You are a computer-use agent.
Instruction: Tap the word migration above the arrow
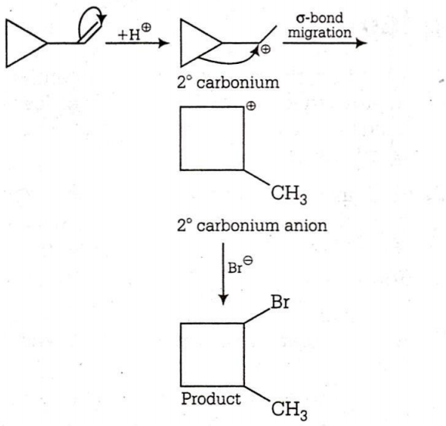(x=320, y=32)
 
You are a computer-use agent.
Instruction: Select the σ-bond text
(x=320, y=18)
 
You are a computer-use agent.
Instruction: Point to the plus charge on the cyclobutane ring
(x=251, y=106)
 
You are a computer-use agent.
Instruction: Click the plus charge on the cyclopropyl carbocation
(x=266, y=49)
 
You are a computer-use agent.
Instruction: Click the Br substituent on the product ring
(x=280, y=302)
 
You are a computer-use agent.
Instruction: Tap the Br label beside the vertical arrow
(x=235, y=267)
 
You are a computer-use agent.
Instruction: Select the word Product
(x=211, y=399)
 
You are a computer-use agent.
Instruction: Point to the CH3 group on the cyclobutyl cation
(x=289, y=195)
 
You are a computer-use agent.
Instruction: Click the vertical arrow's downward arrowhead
(x=223, y=300)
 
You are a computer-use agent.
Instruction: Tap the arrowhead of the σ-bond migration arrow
(x=361, y=43)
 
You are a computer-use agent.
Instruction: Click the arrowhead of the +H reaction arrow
(x=164, y=43)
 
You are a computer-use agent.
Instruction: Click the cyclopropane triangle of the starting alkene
(x=6, y=43)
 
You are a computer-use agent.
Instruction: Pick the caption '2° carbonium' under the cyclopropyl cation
(x=228, y=82)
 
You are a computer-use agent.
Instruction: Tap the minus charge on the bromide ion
(x=248, y=260)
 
